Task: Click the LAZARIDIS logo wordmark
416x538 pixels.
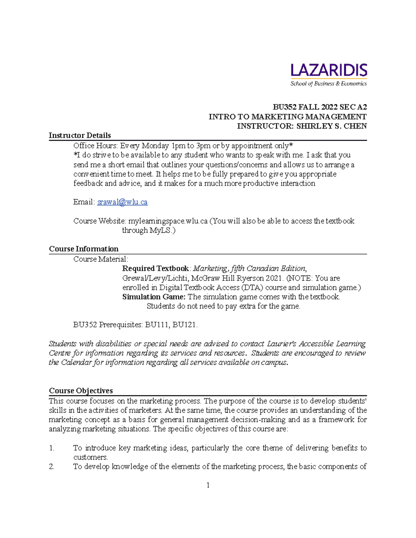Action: point(329,70)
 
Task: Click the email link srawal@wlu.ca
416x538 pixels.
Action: point(122,202)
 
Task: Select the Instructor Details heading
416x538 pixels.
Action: point(80,135)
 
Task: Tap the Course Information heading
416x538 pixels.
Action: point(84,249)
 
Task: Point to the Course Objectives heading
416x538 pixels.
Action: point(81,391)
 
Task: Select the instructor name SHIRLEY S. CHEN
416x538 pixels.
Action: point(331,126)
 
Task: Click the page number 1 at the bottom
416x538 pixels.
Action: point(208,485)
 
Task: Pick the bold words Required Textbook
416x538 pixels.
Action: point(155,268)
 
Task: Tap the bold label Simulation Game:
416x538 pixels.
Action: point(154,297)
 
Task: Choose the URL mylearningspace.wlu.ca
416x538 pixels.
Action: point(168,221)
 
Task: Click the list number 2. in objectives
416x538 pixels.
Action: point(52,467)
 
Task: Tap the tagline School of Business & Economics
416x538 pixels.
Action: point(328,83)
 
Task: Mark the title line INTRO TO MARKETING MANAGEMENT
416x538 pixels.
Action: point(287,117)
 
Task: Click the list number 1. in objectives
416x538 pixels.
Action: point(52,448)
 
